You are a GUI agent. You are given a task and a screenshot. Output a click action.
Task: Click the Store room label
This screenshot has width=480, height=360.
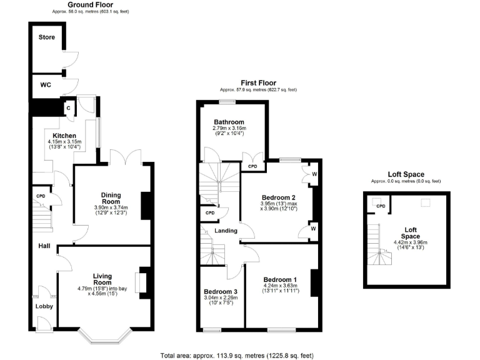(47, 37)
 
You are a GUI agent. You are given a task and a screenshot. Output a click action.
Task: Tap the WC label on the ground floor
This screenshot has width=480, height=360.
(46, 84)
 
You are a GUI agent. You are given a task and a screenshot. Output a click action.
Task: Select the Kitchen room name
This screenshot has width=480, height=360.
(64, 136)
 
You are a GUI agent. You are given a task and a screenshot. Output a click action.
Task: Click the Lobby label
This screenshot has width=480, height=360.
(44, 306)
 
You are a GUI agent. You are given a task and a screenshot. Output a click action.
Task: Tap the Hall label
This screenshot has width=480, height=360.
(43, 246)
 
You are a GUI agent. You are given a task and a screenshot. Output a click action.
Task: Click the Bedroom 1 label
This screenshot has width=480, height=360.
(280, 279)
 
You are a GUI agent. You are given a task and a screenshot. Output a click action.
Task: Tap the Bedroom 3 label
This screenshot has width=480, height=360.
(221, 291)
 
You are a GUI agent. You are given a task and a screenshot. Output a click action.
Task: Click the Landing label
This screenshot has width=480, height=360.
(226, 231)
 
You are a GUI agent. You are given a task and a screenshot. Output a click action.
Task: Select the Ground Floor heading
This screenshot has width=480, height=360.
(85, 4)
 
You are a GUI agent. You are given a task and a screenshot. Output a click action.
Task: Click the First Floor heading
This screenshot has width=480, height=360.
(258, 82)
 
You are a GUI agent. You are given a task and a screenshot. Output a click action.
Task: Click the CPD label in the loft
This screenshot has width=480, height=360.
(380, 206)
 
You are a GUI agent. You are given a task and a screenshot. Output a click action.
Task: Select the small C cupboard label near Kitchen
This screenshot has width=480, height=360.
(67, 108)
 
